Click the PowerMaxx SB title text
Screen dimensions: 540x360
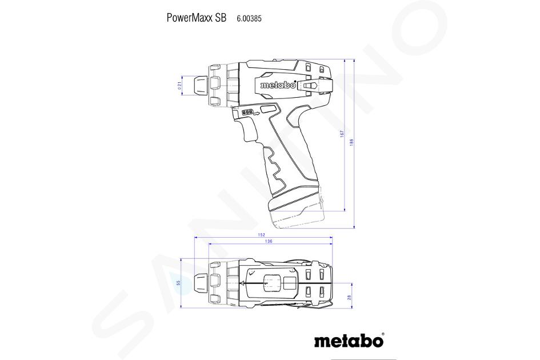[x=197, y=18]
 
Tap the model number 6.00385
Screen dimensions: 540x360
[x=249, y=19]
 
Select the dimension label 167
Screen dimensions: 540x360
[x=342, y=133]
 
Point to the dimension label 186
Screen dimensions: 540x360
[x=351, y=142]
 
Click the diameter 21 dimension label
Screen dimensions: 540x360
[x=179, y=86]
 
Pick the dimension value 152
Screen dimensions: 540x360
[x=261, y=235]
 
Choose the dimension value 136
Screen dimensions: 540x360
[x=269, y=241]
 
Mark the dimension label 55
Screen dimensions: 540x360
[x=178, y=283]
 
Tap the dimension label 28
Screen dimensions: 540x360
[x=349, y=297]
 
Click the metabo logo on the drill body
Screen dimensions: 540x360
[x=278, y=85]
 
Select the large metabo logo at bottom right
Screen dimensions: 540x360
[x=348, y=341]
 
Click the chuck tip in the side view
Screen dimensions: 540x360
[x=200, y=86]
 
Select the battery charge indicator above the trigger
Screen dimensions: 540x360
[x=247, y=113]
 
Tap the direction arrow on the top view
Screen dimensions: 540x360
[x=242, y=283]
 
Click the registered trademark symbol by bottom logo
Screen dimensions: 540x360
[x=383, y=334]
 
